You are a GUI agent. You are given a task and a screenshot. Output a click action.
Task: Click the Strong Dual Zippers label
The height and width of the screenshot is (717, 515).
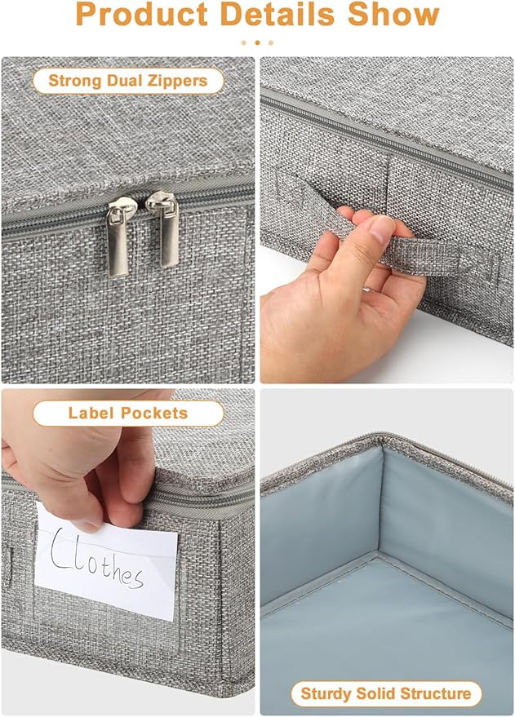pos(127,80)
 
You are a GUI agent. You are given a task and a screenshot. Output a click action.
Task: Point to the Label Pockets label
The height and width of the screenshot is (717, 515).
pos(127,413)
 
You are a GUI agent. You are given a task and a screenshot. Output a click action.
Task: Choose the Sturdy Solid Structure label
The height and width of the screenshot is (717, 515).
pos(386,694)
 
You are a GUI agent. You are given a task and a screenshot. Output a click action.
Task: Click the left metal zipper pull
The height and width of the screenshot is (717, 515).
pos(119,237)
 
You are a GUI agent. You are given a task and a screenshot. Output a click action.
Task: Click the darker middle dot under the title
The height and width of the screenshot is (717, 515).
pos(257,42)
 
